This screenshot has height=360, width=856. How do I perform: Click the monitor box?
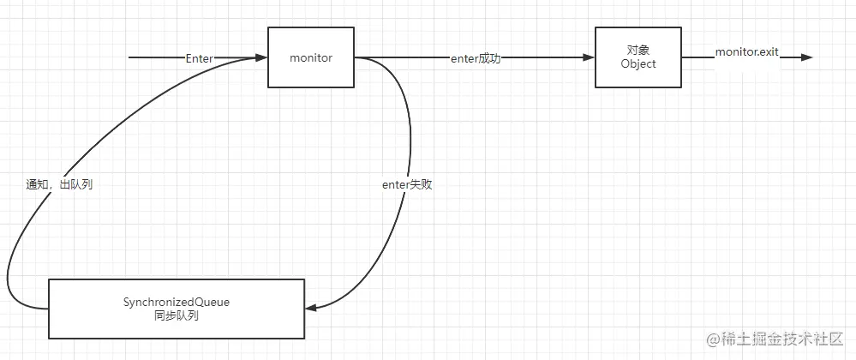311,57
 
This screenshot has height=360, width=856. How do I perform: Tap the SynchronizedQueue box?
177,308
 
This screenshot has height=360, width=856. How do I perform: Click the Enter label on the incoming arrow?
199,58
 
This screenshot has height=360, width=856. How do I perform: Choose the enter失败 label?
406,184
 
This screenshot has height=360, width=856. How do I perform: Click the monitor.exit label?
746,52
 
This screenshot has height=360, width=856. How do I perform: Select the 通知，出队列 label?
59,184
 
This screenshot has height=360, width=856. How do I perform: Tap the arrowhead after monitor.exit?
806,58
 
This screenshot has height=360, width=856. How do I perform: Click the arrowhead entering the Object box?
590,58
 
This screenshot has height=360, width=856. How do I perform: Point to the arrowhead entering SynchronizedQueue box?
312,306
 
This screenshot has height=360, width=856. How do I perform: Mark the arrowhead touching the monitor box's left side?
261,58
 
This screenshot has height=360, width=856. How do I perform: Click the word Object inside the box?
638,64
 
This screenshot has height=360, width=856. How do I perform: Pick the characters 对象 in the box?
638,51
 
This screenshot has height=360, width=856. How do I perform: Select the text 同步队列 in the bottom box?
177,315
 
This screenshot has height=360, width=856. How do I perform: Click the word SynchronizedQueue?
177,302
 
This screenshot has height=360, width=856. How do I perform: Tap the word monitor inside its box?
311,57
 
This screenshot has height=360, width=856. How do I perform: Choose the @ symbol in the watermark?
712,340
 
